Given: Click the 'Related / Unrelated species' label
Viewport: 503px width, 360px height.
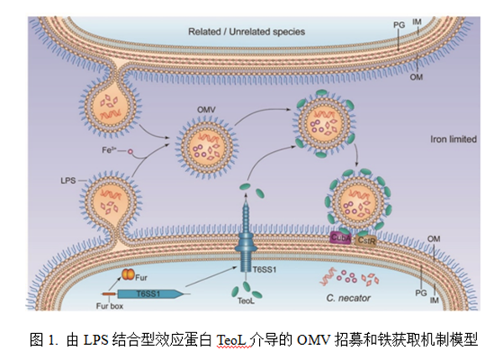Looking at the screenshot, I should (x=246, y=32).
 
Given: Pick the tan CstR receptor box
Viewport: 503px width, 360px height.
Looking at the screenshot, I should (x=365, y=239).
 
